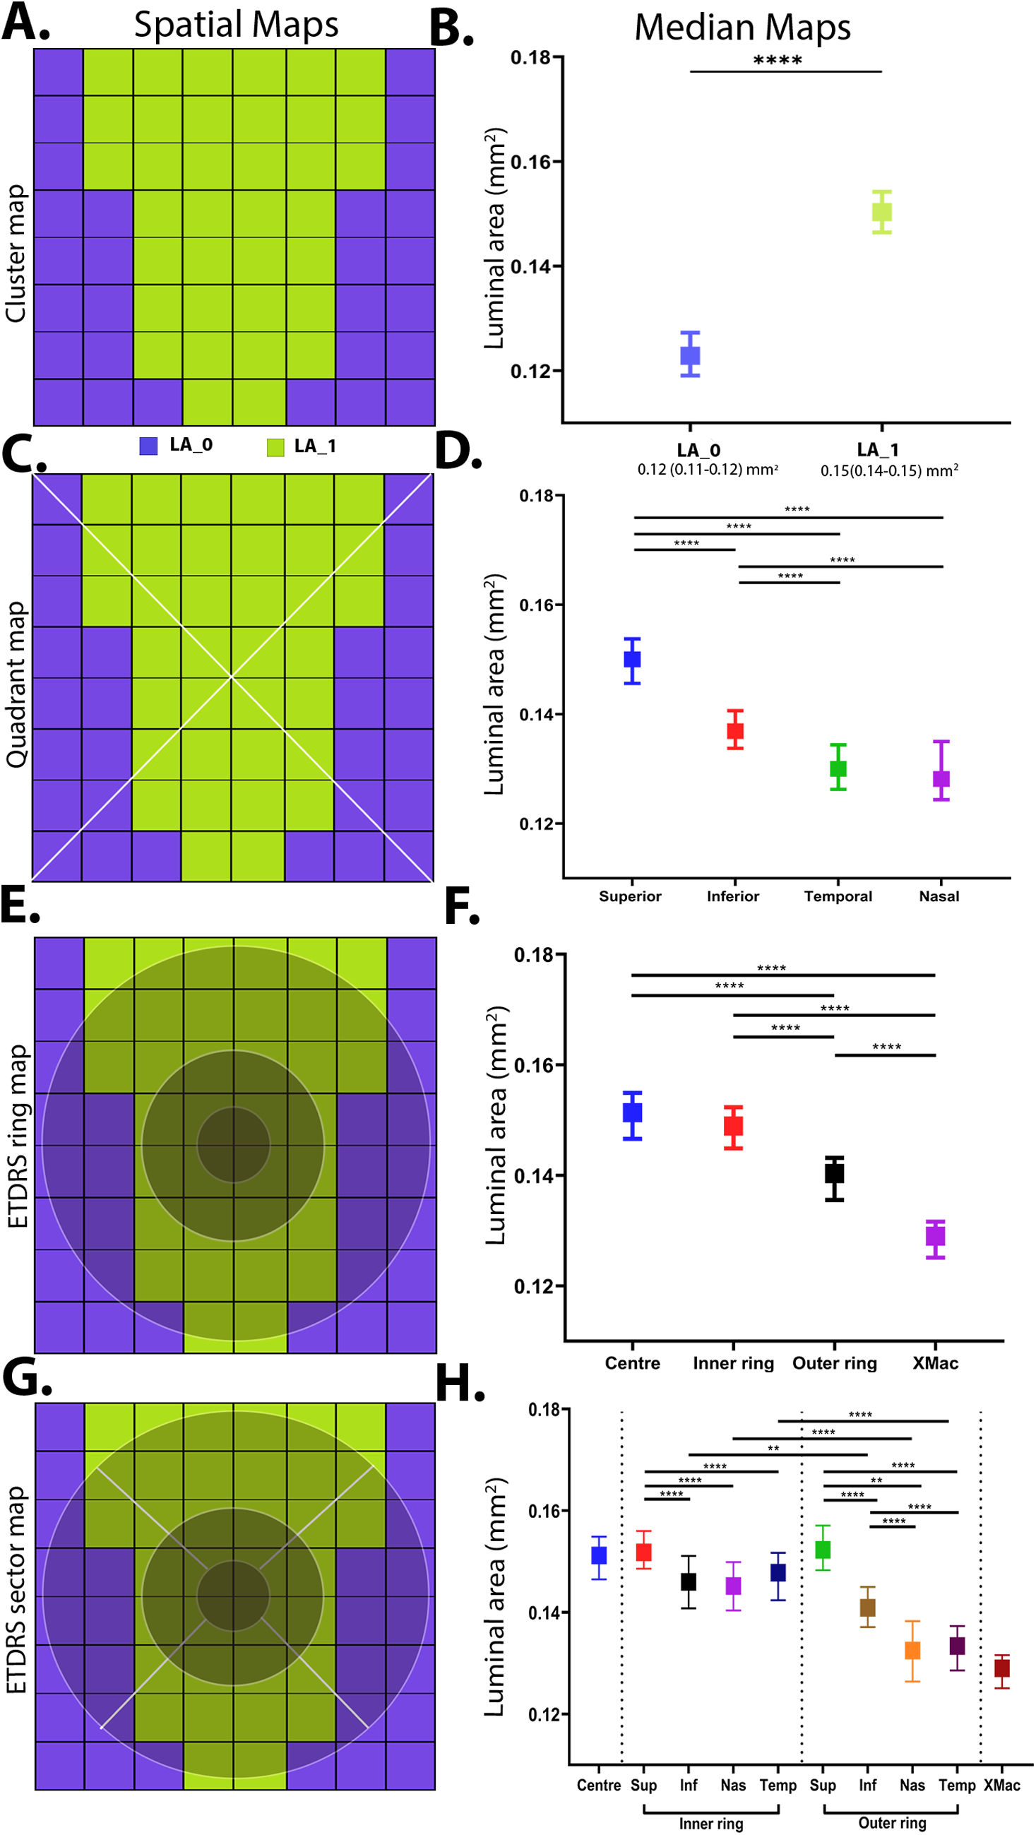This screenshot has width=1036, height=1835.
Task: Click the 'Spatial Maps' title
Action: coord(236,25)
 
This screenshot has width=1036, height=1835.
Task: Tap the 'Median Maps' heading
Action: coord(742,28)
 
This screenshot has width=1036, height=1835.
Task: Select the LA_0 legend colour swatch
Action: coord(148,446)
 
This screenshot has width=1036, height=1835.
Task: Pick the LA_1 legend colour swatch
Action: coord(275,446)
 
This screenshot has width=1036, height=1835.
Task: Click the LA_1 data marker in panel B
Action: coord(881,213)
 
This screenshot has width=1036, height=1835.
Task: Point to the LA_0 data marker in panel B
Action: coord(689,355)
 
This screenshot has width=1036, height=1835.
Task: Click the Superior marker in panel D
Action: coord(631,659)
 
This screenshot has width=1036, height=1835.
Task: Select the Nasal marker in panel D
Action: coord(941,778)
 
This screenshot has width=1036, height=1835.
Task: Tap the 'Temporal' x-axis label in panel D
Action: coord(838,896)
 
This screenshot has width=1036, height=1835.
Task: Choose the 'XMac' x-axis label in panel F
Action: coord(935,1362)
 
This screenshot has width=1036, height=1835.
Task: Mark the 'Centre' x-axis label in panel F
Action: coord(632,1362)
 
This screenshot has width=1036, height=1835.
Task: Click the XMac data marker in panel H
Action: coord(1001,1668)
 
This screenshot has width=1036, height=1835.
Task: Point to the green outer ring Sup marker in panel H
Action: coord(823,1550)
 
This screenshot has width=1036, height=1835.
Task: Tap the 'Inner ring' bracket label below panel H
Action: coord(710,1823)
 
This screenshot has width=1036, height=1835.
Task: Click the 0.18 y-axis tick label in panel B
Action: coord(531,58)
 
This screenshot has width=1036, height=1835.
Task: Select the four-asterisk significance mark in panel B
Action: coord(777,61)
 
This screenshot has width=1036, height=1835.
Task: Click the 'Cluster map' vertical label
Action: coord(16,253)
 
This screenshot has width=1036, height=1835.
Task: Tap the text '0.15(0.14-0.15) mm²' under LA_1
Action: coord(888,470)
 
